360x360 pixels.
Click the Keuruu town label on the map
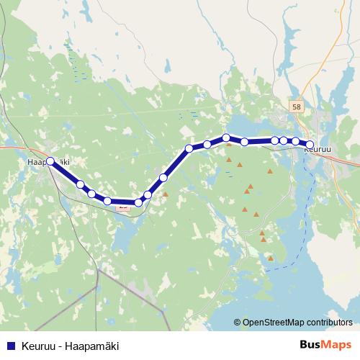[318, 150]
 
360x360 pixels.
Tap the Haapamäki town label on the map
[48, 162]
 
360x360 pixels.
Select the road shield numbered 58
[297, 107]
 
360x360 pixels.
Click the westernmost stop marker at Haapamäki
[51, 161]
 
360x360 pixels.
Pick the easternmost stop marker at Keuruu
[310, 145]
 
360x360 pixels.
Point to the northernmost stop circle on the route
[226, 137]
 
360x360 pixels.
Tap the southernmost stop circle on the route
[138, 202]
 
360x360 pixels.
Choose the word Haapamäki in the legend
[92, 346]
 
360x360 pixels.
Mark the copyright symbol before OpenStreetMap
[238, 323]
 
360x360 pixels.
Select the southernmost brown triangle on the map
[271, 258]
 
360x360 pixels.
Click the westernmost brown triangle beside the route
[166, 194]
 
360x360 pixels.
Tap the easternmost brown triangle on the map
[271, 172]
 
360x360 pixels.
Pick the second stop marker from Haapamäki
[80, 184]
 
